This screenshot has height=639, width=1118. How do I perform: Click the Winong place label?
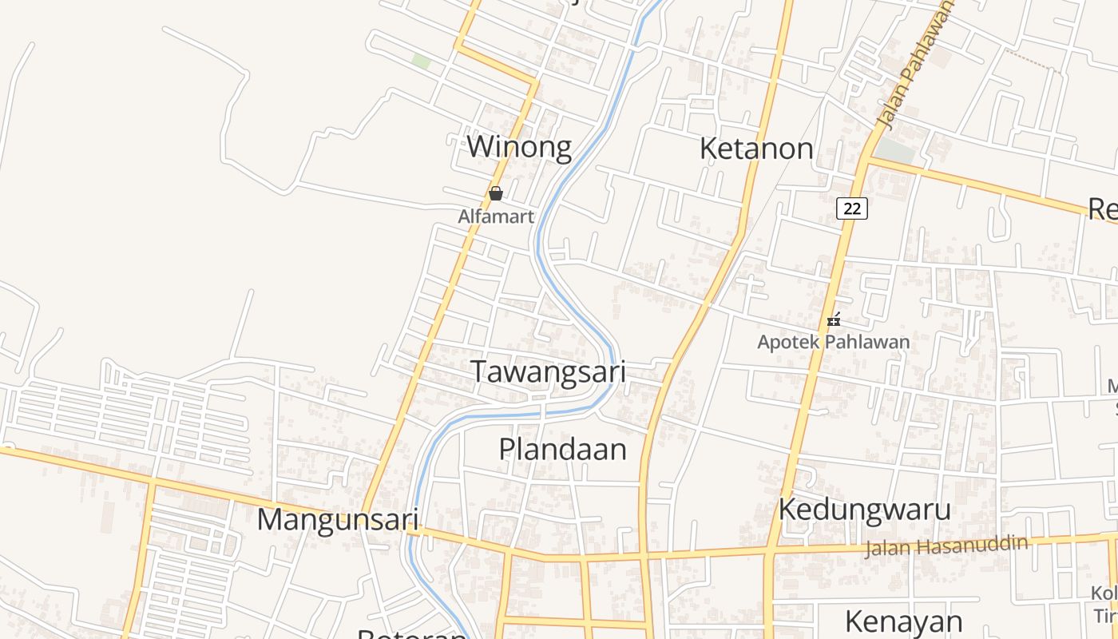(519, 148)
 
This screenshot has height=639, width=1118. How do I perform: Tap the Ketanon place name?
(756, 149)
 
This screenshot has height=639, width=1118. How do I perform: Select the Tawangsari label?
(548, 372)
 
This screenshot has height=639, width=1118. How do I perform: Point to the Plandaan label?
(563, 449)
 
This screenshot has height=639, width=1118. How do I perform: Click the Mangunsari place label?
(338, 519)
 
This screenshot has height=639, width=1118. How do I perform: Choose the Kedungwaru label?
(865, 510)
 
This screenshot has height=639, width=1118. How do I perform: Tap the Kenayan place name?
(903, 621)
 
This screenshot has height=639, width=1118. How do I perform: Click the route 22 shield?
(852, 208)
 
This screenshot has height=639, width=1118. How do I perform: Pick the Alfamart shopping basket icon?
(496, 193)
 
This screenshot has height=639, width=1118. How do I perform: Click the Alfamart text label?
(496, 216)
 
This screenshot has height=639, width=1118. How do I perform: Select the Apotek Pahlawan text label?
(834, 343)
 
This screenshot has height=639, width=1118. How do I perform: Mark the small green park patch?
(421, 61)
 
